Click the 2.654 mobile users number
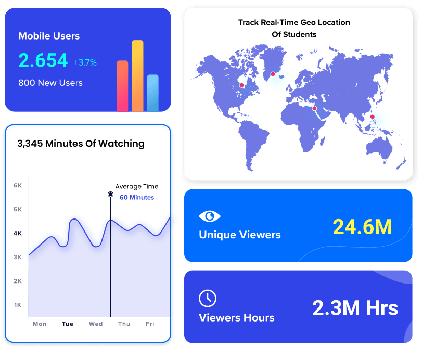coord(43,60)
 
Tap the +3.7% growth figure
coord(85,62)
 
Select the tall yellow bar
coord(137,75)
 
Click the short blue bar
coord(152,93)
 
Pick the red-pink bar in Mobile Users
coord(122,86)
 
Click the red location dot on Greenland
coord(273,74)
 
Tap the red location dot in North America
coord(241,85)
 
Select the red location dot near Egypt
coord(314,108)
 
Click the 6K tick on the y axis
coord(17,185)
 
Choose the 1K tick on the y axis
coord(17,305)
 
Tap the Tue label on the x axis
coord(68,324)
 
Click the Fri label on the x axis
coord(150,324)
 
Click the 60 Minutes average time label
coord(137,197)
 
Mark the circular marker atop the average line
coord(110,194)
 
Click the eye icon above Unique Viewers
coord(210,216)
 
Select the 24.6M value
coord(362,227)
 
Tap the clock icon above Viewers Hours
coord(208,299)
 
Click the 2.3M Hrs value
coord(355,308)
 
